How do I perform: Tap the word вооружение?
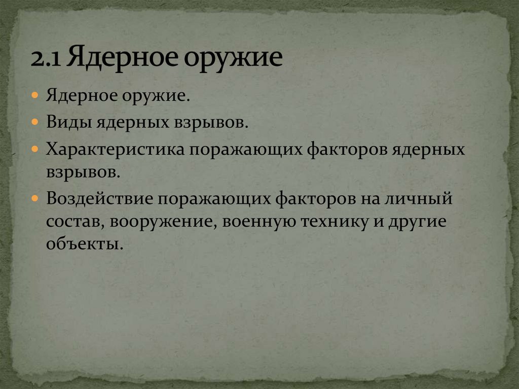tap(164, 221)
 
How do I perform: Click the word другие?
tap(417, 221)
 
